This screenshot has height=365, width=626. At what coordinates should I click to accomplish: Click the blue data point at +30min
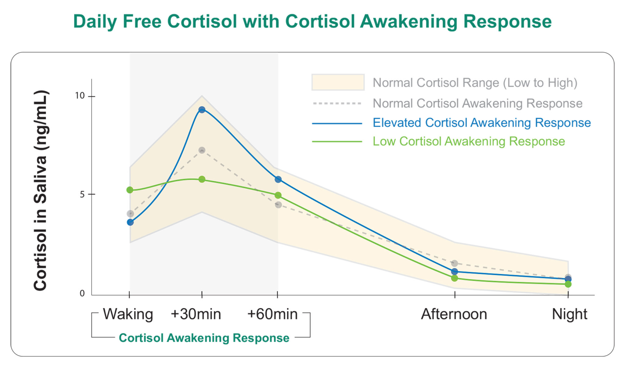pos(202,110)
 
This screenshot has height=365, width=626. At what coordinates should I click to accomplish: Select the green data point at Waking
pos(130,190)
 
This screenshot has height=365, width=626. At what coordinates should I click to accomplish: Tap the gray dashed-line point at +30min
pos(202,150)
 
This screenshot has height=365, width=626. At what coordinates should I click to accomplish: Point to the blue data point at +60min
pos(278,179)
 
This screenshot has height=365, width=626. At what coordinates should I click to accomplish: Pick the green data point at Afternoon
pos(455,278)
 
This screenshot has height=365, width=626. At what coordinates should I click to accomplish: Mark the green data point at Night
pos(568,284)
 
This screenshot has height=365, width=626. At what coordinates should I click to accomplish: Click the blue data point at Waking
pos(130,222)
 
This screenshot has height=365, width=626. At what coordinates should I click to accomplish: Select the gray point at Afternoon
pos(455,263)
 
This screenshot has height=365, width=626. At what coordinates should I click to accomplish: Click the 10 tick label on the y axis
pos(80,96)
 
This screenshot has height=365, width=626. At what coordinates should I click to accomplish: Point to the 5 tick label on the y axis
pos(82,194)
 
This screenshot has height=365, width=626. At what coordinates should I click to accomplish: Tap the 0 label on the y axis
pos(82,294)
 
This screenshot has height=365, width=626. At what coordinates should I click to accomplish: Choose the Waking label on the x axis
pos(128,314)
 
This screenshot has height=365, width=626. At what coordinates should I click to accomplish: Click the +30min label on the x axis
pos(196,314)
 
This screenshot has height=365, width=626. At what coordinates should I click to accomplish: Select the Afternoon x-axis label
pos(454,314)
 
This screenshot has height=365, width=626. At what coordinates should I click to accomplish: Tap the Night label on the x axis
pos(569,314)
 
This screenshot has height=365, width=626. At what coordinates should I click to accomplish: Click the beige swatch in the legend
pos(338,82)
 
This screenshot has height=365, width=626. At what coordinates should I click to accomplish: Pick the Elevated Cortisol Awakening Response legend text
pos(481,123)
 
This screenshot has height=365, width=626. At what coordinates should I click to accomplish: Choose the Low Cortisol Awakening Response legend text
pos(469,141)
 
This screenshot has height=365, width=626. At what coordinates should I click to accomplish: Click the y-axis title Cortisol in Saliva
pos(41,191)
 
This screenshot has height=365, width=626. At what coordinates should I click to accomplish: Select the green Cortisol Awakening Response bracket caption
pos(204,338)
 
